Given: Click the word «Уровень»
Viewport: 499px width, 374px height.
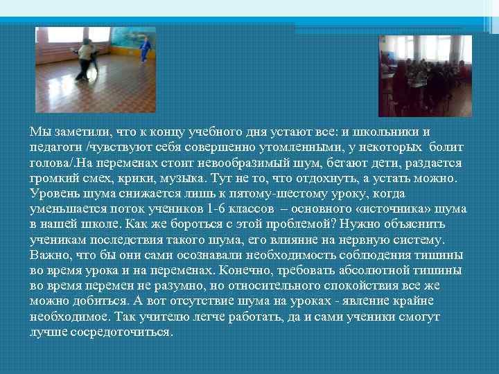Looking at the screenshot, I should pos(53,193).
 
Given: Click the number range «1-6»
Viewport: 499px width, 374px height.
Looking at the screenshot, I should pos(213,208).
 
